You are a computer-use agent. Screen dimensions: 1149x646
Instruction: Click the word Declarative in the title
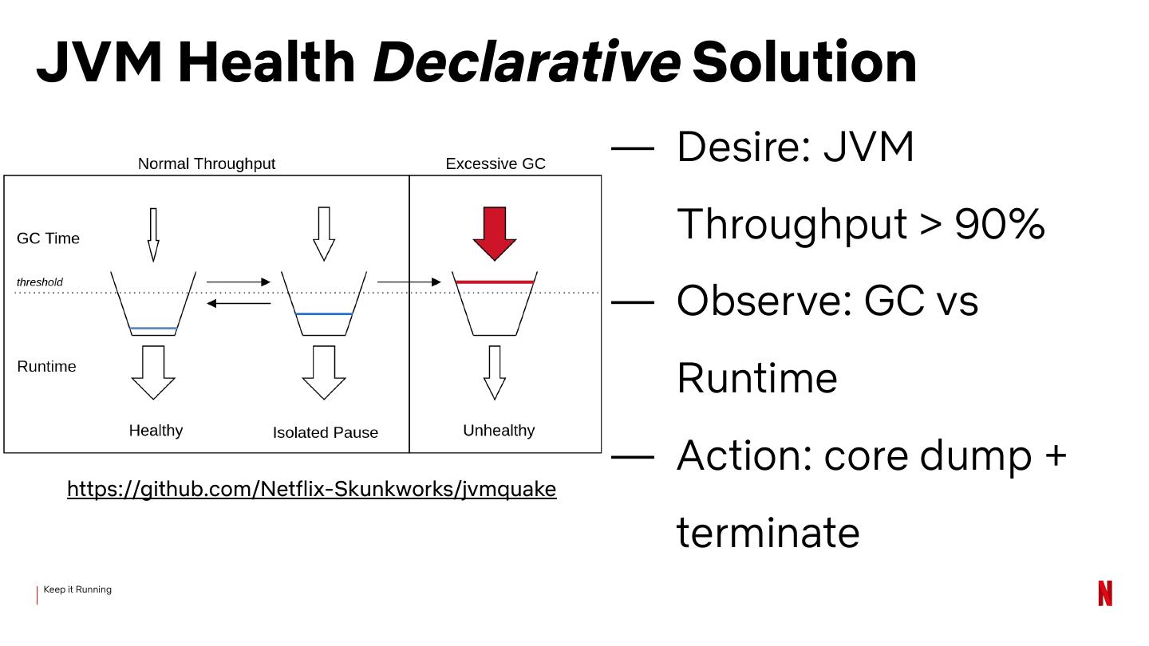[x=526, y=61]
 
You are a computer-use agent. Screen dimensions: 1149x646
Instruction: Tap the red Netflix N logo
[x=1104, y=593]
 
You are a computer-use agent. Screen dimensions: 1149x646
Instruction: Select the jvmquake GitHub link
[x=311, y=489]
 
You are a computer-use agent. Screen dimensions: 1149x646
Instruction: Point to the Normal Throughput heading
[x=206, y=163]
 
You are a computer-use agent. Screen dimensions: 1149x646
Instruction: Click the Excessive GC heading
[x=495, y=163]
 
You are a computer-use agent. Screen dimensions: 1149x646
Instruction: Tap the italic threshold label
[x=40, y=282]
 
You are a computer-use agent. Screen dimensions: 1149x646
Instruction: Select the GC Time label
[x=48, y=238]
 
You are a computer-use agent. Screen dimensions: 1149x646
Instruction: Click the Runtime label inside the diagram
[x=46, y=367]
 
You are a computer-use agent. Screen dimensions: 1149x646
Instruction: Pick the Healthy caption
[x=156, y=431]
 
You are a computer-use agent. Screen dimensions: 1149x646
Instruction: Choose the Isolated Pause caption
[x=325, y=432]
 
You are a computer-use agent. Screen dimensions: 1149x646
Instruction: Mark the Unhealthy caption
[x=499, y=431]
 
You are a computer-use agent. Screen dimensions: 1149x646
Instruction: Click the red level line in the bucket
[x=495, y=282]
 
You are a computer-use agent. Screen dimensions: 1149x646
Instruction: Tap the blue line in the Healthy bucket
[x=153, y=328]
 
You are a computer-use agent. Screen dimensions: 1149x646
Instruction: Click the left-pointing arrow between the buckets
[x=239, y=303]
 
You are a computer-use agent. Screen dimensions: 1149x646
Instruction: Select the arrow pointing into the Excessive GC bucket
[x=409, y=282]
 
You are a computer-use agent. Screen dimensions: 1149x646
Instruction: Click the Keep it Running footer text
[x=77, y=589]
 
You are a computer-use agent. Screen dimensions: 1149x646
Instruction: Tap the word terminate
[x=768, y=532]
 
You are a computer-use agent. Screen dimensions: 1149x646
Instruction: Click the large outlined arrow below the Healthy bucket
[x=153, y=372]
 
